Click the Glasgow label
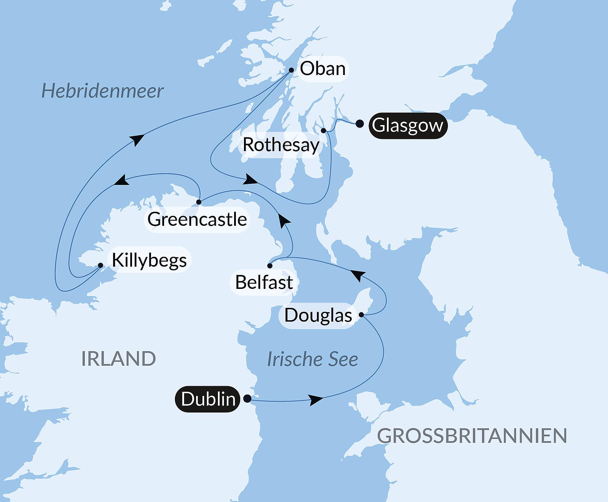tap(407, 125)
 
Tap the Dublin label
tap(208, 399)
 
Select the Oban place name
tap(322, 69)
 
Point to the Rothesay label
tap(281, 145)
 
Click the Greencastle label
tap(197, 219)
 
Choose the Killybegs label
tap(149, 260)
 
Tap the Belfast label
tap(264, 282)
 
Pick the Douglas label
tap(318, 315)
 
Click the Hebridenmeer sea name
tap(102, 91)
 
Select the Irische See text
tap(312, 359)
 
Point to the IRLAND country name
tap(118, 359)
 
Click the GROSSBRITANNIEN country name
tap(472, 436)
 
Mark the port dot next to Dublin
tap(247, 398)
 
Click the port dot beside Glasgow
tap(359, 124)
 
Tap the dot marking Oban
tap(291, 70)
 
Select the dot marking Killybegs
tap(100, 265)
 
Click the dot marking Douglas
tap(361, 314)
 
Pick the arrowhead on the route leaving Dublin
tap(316, 400)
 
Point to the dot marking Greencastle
tap(199, 202)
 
